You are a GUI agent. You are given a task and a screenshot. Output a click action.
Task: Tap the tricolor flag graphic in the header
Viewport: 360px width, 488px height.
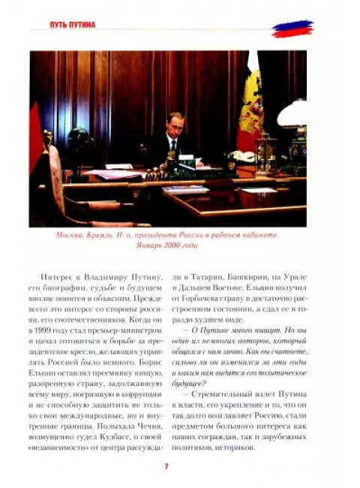292,29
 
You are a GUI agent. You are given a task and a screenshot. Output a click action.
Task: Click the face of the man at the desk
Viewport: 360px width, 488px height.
173,123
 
